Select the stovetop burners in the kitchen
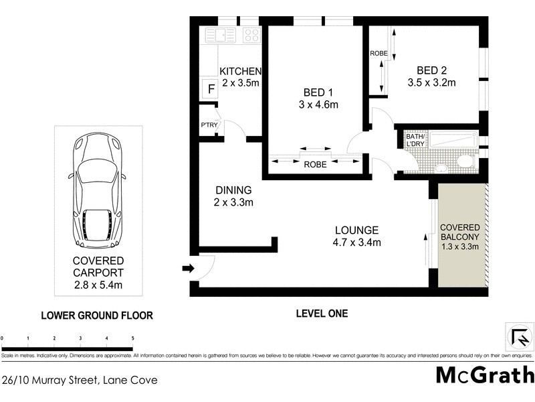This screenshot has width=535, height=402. (x=251, y=34)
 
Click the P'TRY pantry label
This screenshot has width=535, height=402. (x=207, y=126)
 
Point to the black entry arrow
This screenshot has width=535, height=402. (x=188, y=269)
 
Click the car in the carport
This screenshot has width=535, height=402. (x=98, y=190)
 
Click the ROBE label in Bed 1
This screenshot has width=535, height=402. (x=315, y=164)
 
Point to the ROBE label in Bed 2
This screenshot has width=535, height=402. (x=379, y=53)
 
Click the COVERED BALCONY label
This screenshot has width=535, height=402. (x=459, y=231)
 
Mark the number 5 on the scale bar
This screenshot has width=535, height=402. (x=132, y=338)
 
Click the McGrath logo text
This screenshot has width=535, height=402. (x=484, y=375)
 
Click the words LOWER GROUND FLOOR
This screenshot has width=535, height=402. (x=97, y=315)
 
